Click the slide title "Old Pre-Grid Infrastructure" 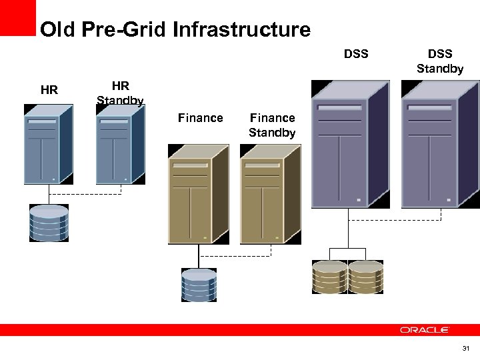pyautogui.click(x=175, y=30)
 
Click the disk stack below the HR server pyautogui.click(x=49, y=223)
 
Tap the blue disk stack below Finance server pyautogui.click(x=199, y=285)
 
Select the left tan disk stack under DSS pyautogui.click(x=330, y=277)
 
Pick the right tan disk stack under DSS pyautogui.click(x=366, y=277)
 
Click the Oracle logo pyautogui.click(x=424, y=330)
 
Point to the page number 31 pyautogui.click(x=465, y=349)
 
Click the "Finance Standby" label pyautogui.click(x=272, y=125)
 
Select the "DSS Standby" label pyautogui.click(x=440, y=61)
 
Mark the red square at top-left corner pyautogui.click(x=17, y=17)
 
